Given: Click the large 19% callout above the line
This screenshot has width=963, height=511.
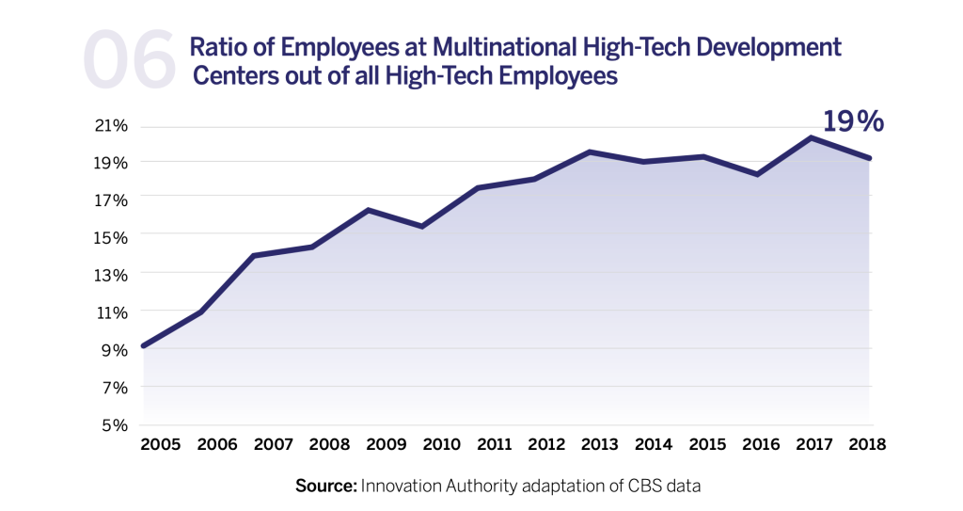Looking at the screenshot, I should coord(853,121).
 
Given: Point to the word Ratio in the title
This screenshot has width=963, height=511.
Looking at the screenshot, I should coord(218,47).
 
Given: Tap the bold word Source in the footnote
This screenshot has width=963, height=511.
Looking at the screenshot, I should coord(324,487).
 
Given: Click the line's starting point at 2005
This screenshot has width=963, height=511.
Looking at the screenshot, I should coord(142,346).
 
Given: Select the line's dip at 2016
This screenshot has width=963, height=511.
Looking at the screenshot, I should coord(757,174).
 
